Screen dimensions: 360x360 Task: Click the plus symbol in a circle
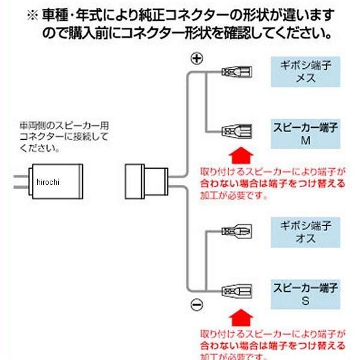tap(197, 58)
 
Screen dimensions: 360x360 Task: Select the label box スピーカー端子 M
tap(305, 133)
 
